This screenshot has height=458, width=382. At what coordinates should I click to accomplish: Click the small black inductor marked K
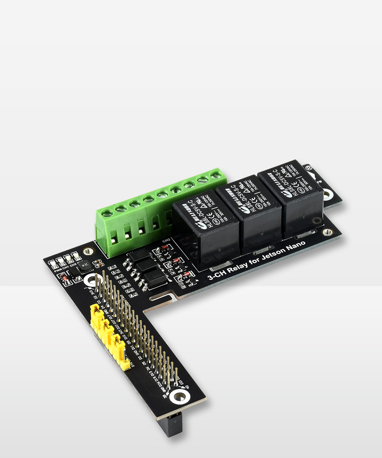click(x=85, y=265)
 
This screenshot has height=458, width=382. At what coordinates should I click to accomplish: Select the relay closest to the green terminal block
click(x=206, y=228)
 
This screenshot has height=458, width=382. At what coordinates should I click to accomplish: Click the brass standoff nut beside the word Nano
click(x=327, y=232)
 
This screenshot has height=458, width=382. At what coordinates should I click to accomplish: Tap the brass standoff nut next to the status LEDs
click(x=88, y=251)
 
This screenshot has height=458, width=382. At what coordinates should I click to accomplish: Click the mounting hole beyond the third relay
click(x=327, y=195)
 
